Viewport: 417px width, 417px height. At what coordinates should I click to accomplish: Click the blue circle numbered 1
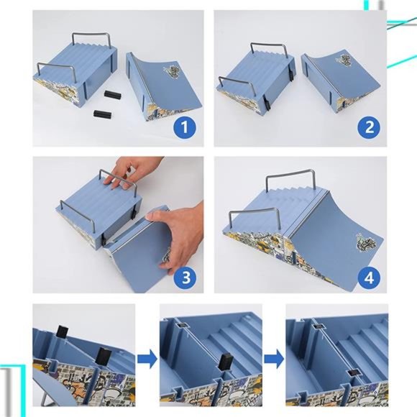(185, 127)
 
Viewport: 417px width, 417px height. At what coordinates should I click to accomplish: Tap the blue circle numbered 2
(369, 127)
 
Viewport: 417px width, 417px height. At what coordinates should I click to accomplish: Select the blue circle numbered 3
(185, 277)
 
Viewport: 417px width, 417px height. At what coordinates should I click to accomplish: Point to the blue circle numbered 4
(369, 278)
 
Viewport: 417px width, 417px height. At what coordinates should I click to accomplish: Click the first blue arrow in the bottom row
(147, 359)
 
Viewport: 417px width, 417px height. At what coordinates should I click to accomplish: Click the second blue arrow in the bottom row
(274, 359)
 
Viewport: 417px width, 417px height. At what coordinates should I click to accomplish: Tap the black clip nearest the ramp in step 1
(113, 94)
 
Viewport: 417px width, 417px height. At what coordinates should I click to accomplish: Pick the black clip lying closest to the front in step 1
(102, 114)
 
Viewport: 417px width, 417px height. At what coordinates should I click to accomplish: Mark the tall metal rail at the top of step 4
(290, 173)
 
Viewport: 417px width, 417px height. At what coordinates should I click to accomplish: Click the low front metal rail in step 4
(254, 211)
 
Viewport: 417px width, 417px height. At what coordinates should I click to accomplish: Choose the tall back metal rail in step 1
(91, 34)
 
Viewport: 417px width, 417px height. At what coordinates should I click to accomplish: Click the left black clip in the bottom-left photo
(63, 331)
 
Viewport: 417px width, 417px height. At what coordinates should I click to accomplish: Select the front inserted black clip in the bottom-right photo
(353, 373)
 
